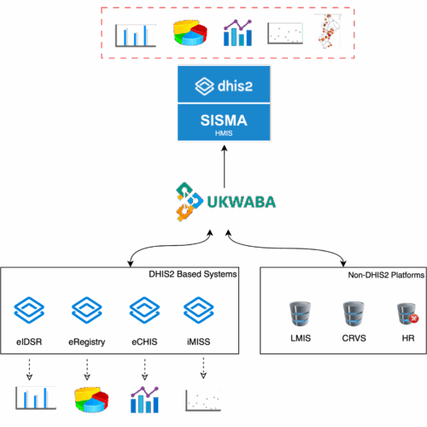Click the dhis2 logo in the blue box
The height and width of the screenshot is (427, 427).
[x=224, y=85]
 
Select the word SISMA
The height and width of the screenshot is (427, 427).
[x=224, y=120]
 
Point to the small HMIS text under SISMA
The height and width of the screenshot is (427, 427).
[x=224, y=133]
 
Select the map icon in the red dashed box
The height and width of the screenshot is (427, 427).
[x=327, y=32]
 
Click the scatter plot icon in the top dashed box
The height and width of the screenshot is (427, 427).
[x=284, y=33]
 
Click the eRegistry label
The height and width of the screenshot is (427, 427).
[x=86, y=342]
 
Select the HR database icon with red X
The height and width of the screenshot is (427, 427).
[x=407, y=314]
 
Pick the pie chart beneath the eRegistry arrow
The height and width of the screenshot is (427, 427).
[x=90, y=398]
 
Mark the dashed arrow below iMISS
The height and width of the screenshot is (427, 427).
[x=203, y=367]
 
